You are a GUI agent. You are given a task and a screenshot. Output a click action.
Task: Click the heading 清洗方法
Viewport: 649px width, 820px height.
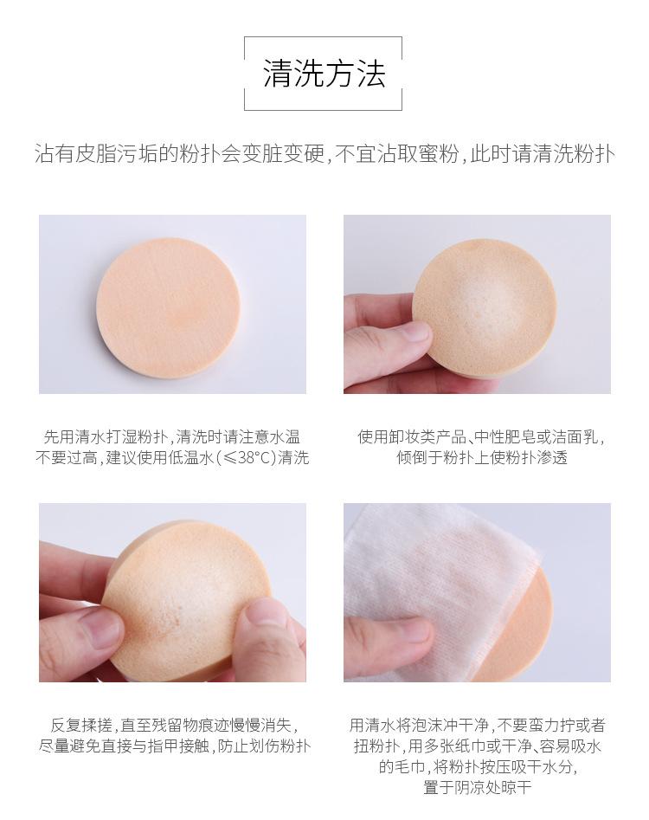(x=324, y=74)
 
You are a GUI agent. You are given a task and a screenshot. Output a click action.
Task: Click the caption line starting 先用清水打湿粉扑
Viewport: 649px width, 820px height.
(x=172, y=437)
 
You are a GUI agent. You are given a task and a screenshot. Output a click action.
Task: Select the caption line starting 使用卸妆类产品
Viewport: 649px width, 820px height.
(x=481, y=437)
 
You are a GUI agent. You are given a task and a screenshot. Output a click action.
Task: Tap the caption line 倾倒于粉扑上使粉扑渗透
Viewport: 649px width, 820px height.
(x=481, y=458)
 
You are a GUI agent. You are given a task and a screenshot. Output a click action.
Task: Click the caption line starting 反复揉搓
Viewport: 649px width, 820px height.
(x=173, y=725)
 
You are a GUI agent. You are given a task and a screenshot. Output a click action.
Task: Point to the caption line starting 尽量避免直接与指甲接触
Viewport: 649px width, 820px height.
(x=173, y=746)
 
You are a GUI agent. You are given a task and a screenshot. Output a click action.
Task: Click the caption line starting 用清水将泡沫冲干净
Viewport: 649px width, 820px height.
(x=477, y=725)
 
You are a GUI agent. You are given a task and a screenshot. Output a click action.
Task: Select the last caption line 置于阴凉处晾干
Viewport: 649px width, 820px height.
(x=477, y=787)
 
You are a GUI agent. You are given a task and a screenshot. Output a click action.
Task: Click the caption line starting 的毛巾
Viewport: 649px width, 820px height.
(x=477, y=766)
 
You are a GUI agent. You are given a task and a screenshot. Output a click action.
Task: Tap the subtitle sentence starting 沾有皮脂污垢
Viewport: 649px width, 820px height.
(x=324, y=154)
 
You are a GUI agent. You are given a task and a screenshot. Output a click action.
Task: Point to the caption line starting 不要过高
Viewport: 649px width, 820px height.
(x=172, y=458)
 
